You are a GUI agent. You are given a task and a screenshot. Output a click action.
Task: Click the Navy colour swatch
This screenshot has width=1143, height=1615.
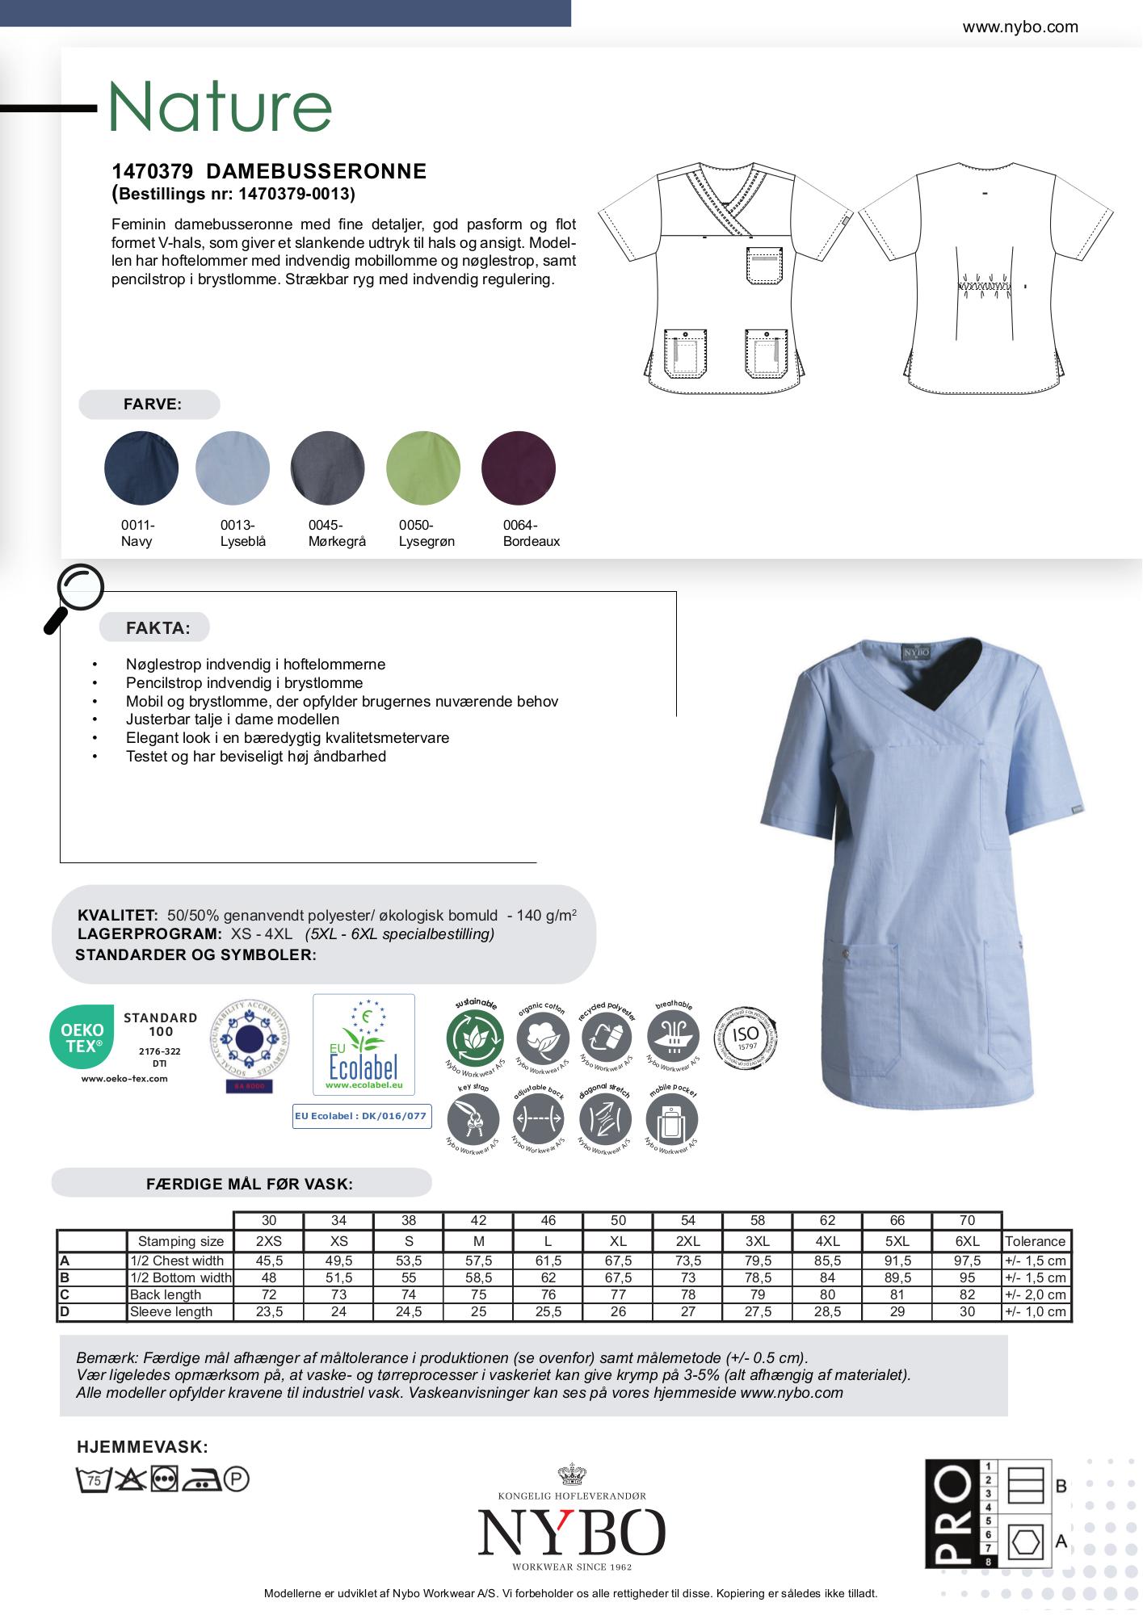[141, 468]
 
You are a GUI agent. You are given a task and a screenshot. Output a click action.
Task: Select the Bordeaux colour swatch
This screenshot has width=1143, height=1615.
[518, 468]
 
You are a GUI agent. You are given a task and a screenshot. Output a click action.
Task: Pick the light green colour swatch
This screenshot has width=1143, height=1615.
[423, 468]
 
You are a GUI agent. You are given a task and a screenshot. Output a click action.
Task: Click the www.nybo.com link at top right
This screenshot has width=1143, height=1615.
[1019, 27]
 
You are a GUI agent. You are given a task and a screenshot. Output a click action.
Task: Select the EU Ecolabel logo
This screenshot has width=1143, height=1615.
[363, 1044]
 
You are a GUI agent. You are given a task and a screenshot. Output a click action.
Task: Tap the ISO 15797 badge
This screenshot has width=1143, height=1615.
[745, 1037]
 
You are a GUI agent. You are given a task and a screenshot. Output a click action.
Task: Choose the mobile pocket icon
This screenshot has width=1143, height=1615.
[672, 1120]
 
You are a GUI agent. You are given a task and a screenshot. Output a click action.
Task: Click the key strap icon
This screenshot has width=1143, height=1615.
[473, 1120]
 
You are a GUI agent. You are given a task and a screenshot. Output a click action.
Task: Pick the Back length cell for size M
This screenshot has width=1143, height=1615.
[478, 1294]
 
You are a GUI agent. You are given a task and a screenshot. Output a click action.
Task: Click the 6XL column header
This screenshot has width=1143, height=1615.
[967, 1241]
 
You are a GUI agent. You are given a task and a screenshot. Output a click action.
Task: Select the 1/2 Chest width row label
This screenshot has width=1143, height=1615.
[177, 1261]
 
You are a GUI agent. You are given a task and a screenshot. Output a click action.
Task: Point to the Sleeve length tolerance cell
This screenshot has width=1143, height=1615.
[1035, 1311]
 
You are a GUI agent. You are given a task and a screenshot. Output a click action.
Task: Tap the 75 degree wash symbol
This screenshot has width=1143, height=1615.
[93, 1479]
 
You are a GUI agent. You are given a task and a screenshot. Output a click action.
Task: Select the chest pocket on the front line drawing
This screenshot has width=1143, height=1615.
[764, 265]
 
